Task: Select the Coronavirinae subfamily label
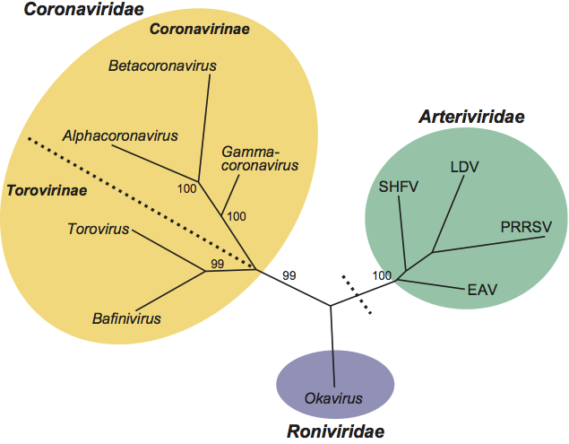(x=199, y=30)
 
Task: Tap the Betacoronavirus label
(x=162, y=65)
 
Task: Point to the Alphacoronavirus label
(x=121, y=136)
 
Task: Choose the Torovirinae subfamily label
(x=47, y=190)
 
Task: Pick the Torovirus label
(x=99, y=229)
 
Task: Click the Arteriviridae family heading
(x=471, y=117)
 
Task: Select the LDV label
(x=464, y=166)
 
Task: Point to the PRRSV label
(x=526, y=227)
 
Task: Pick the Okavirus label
(x=334, y=396)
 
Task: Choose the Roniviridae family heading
(x=336, y=431)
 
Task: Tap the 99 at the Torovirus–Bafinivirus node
(x=216, y=263)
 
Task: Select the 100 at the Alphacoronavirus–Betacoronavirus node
(x=186, y=188)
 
